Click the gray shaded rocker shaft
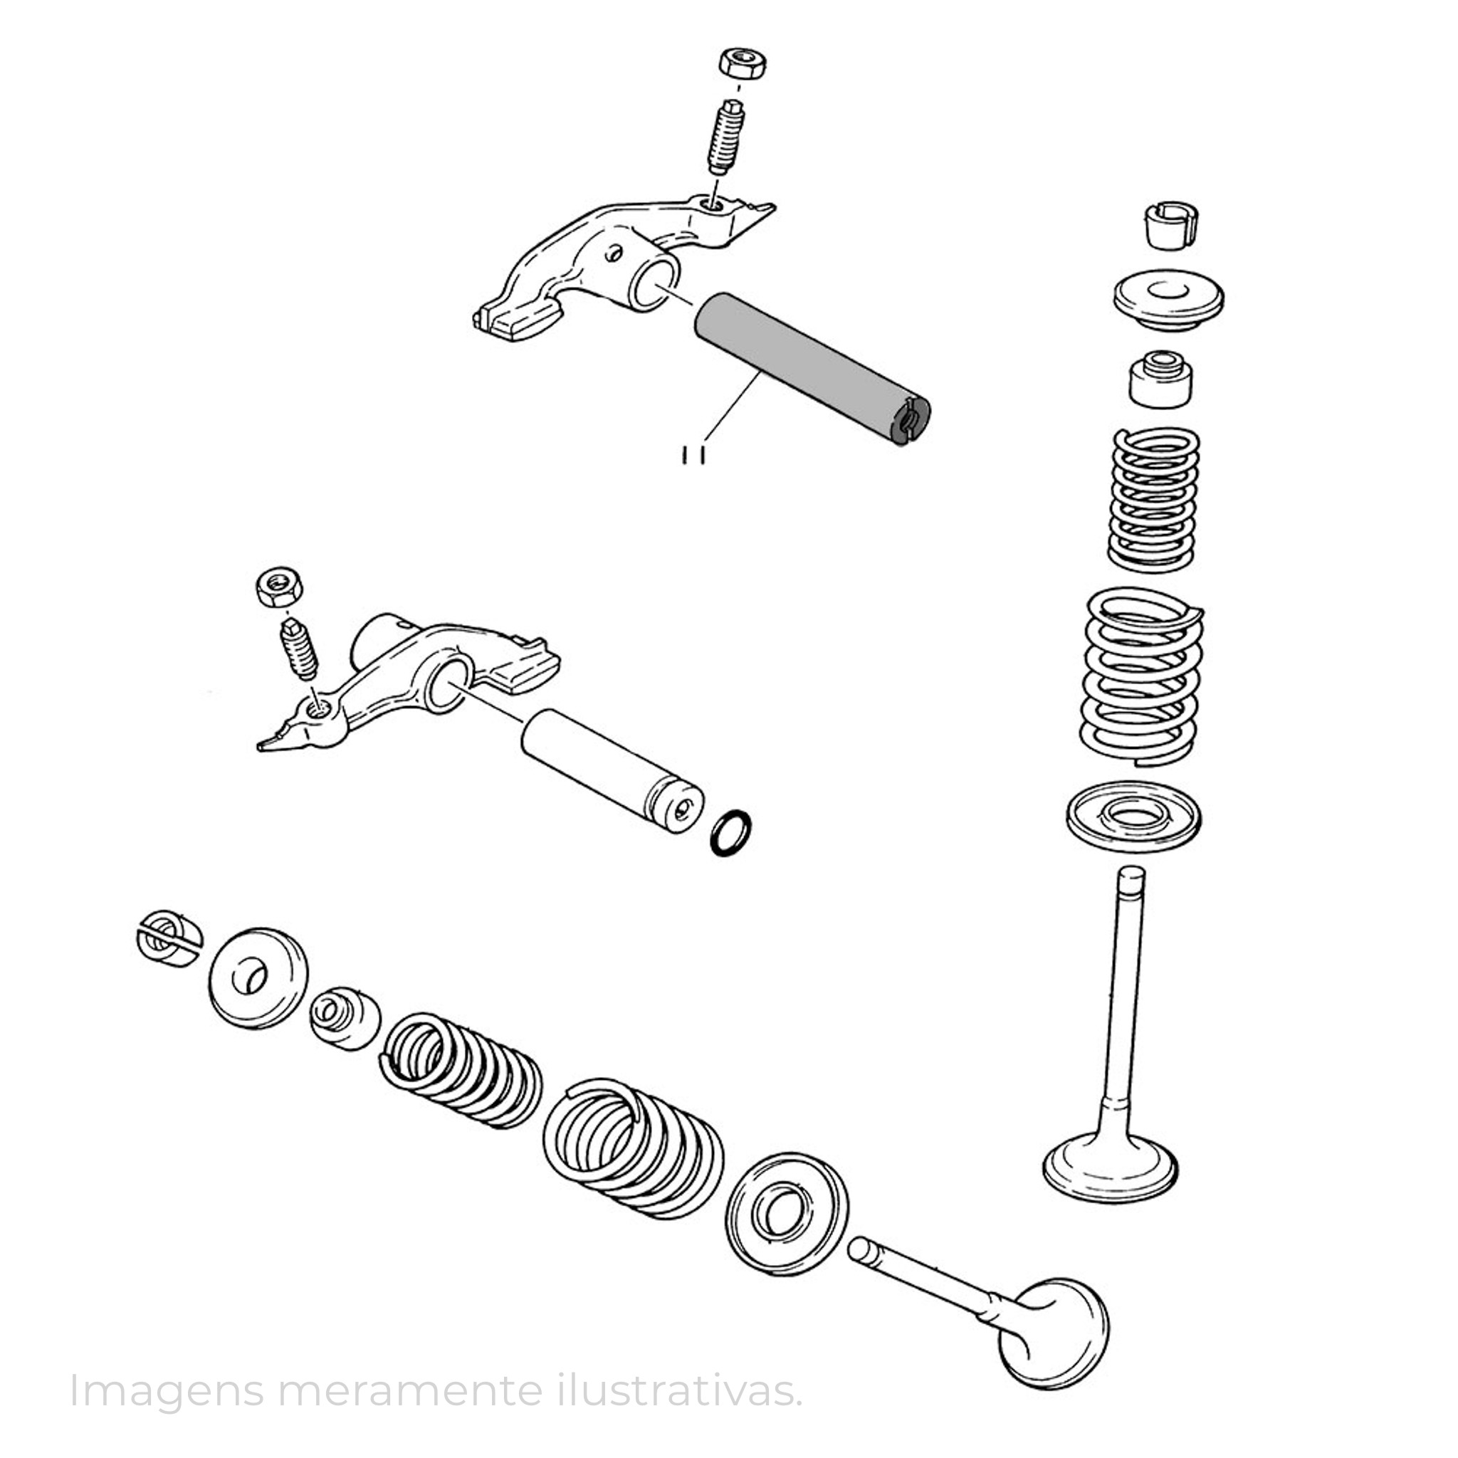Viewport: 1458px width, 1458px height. point(812,367)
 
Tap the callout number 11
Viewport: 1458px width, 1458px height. point(693,455)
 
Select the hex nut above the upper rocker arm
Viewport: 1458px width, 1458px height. point(743,63)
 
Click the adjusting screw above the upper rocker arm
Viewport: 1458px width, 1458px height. point(726,137)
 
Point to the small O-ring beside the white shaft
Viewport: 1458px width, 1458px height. point(731,834)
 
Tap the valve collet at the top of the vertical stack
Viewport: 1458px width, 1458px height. point(1169,224)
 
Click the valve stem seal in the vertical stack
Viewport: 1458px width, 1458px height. point(1160,379)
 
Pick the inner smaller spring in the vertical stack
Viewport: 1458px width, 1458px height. point(1153,499)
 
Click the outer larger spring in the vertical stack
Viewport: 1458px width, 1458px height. point(1141,676)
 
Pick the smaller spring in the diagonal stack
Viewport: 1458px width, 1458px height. point(461,1070)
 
